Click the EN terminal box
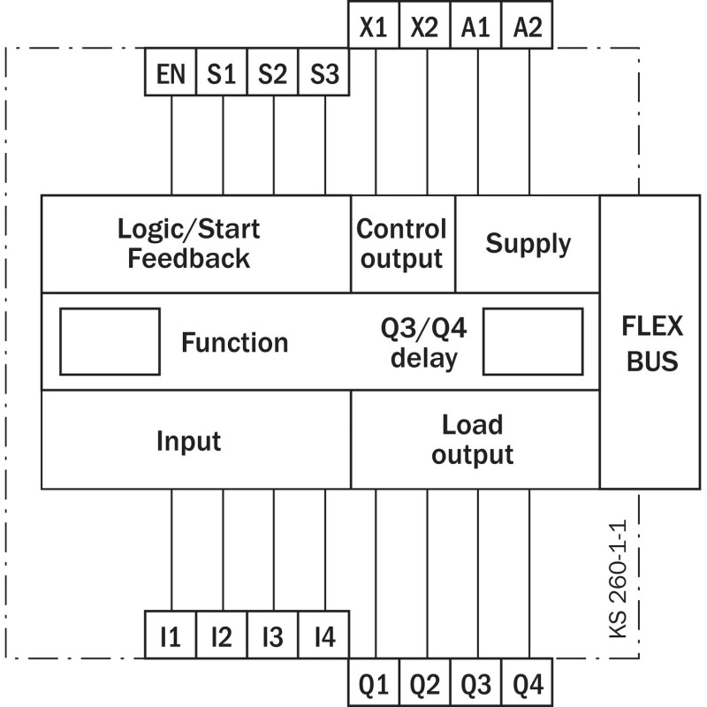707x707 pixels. click(171, 72)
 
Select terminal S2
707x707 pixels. click(272, 72)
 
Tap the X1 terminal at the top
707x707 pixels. click(374, 25)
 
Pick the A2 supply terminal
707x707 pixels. click(527, 25)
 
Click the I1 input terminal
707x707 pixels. click(171, 635)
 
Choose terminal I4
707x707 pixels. click(323, 635)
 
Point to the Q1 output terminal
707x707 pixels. click(374, 681)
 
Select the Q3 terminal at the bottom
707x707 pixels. click(475, 681)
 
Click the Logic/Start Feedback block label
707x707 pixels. click(189, 244)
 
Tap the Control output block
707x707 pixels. click(403, 244)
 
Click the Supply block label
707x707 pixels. click(528, 244)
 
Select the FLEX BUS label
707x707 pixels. click(652, 344)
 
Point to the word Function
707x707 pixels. click(234, 342)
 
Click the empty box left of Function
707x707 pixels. click(110, 342)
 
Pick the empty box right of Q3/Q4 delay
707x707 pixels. click(533, 342)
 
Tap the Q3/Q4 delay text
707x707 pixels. click(424, 343)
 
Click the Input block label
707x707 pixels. click(188, 440)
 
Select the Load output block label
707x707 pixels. click(472, 439)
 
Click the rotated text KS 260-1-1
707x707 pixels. click(618, 579)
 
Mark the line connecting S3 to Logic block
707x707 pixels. click(325, 145)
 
